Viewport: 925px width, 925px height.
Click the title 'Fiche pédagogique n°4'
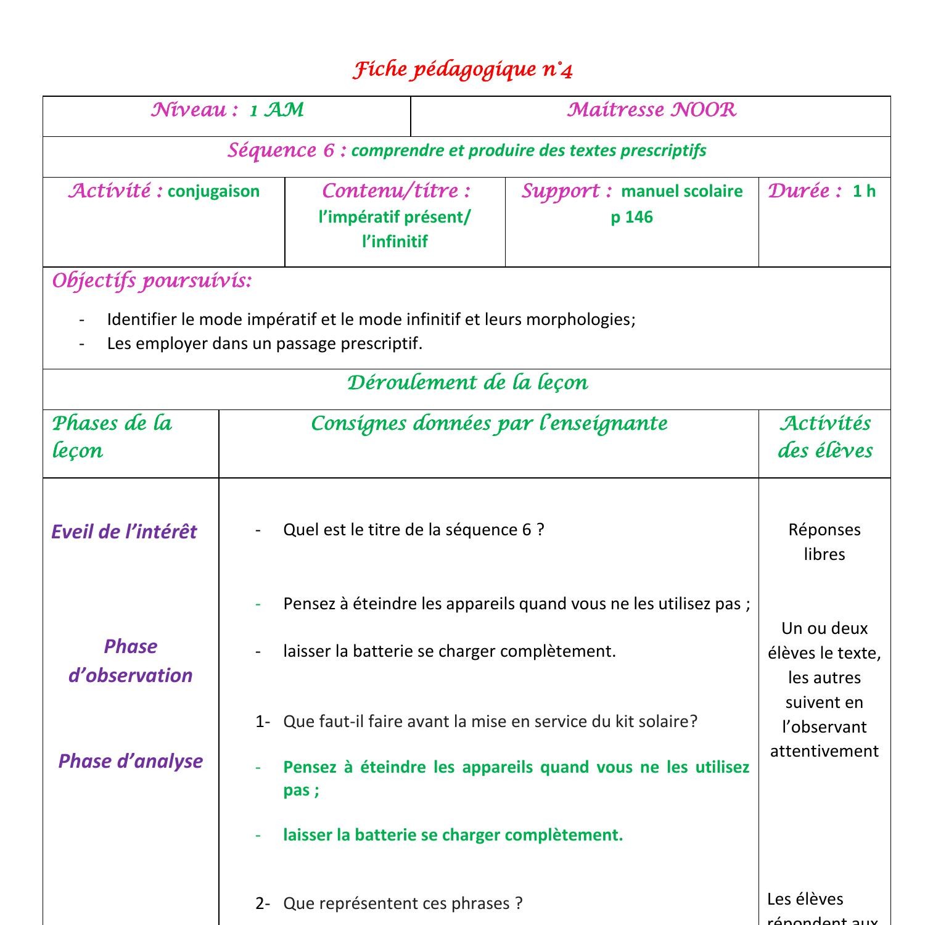pos(462,70)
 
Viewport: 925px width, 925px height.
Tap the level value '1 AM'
pos(277,110)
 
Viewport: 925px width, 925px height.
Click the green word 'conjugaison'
pos(213,191)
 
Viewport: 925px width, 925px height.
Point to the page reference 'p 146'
pos(631,217)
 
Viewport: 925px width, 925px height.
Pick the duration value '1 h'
pos(864,191)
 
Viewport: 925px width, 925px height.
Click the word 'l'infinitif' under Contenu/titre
pos(395,242)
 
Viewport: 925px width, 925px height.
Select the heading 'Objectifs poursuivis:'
pos(152,281)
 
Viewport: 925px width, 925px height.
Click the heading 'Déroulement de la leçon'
pos(467,383)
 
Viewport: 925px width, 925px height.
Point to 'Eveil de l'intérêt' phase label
pos(124,532)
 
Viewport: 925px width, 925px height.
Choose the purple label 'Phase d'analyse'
pos(130,761)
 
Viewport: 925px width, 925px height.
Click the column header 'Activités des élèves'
pos(825,437)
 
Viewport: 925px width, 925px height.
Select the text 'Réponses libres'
pos(824,541)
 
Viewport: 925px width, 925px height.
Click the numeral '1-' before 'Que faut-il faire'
pos(263,721)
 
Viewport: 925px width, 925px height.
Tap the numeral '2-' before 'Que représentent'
pos(263,903)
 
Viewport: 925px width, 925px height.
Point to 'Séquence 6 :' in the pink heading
pos(287,150)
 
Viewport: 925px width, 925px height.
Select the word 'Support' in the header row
pos(561,191)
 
